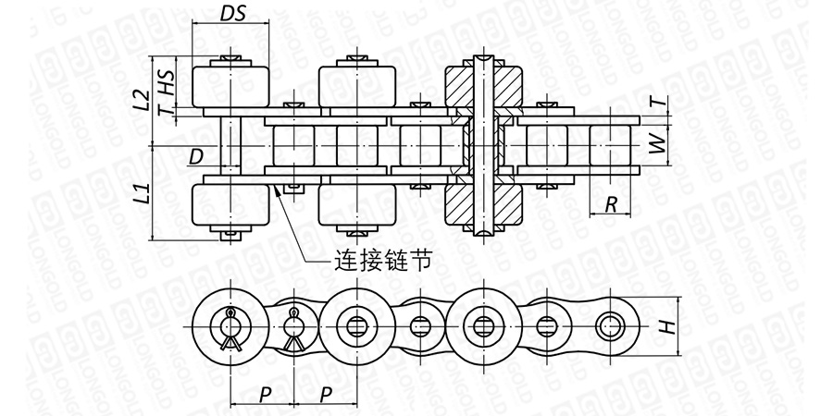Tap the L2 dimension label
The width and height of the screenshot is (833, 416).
point(141,100)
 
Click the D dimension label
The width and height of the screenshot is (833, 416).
point(194,157)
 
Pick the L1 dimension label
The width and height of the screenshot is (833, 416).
point(141,194)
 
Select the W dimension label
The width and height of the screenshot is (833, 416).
point(658,144)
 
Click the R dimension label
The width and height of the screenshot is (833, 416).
point(612,204)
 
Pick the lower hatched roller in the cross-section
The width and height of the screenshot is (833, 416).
point(483,205)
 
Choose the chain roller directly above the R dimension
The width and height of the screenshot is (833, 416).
point(612,146)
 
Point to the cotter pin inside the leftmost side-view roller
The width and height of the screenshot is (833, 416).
point(229,326)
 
